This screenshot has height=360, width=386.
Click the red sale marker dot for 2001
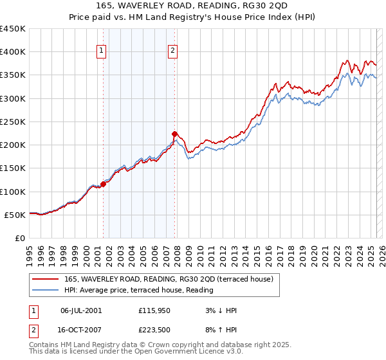(103, 184)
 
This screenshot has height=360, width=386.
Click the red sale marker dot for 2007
(174, 134)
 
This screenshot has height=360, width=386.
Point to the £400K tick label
(13, 52)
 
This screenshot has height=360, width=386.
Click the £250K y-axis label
(13, 122)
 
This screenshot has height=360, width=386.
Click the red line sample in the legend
(45, 279)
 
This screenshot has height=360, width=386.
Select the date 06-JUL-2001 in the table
(80, 310)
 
